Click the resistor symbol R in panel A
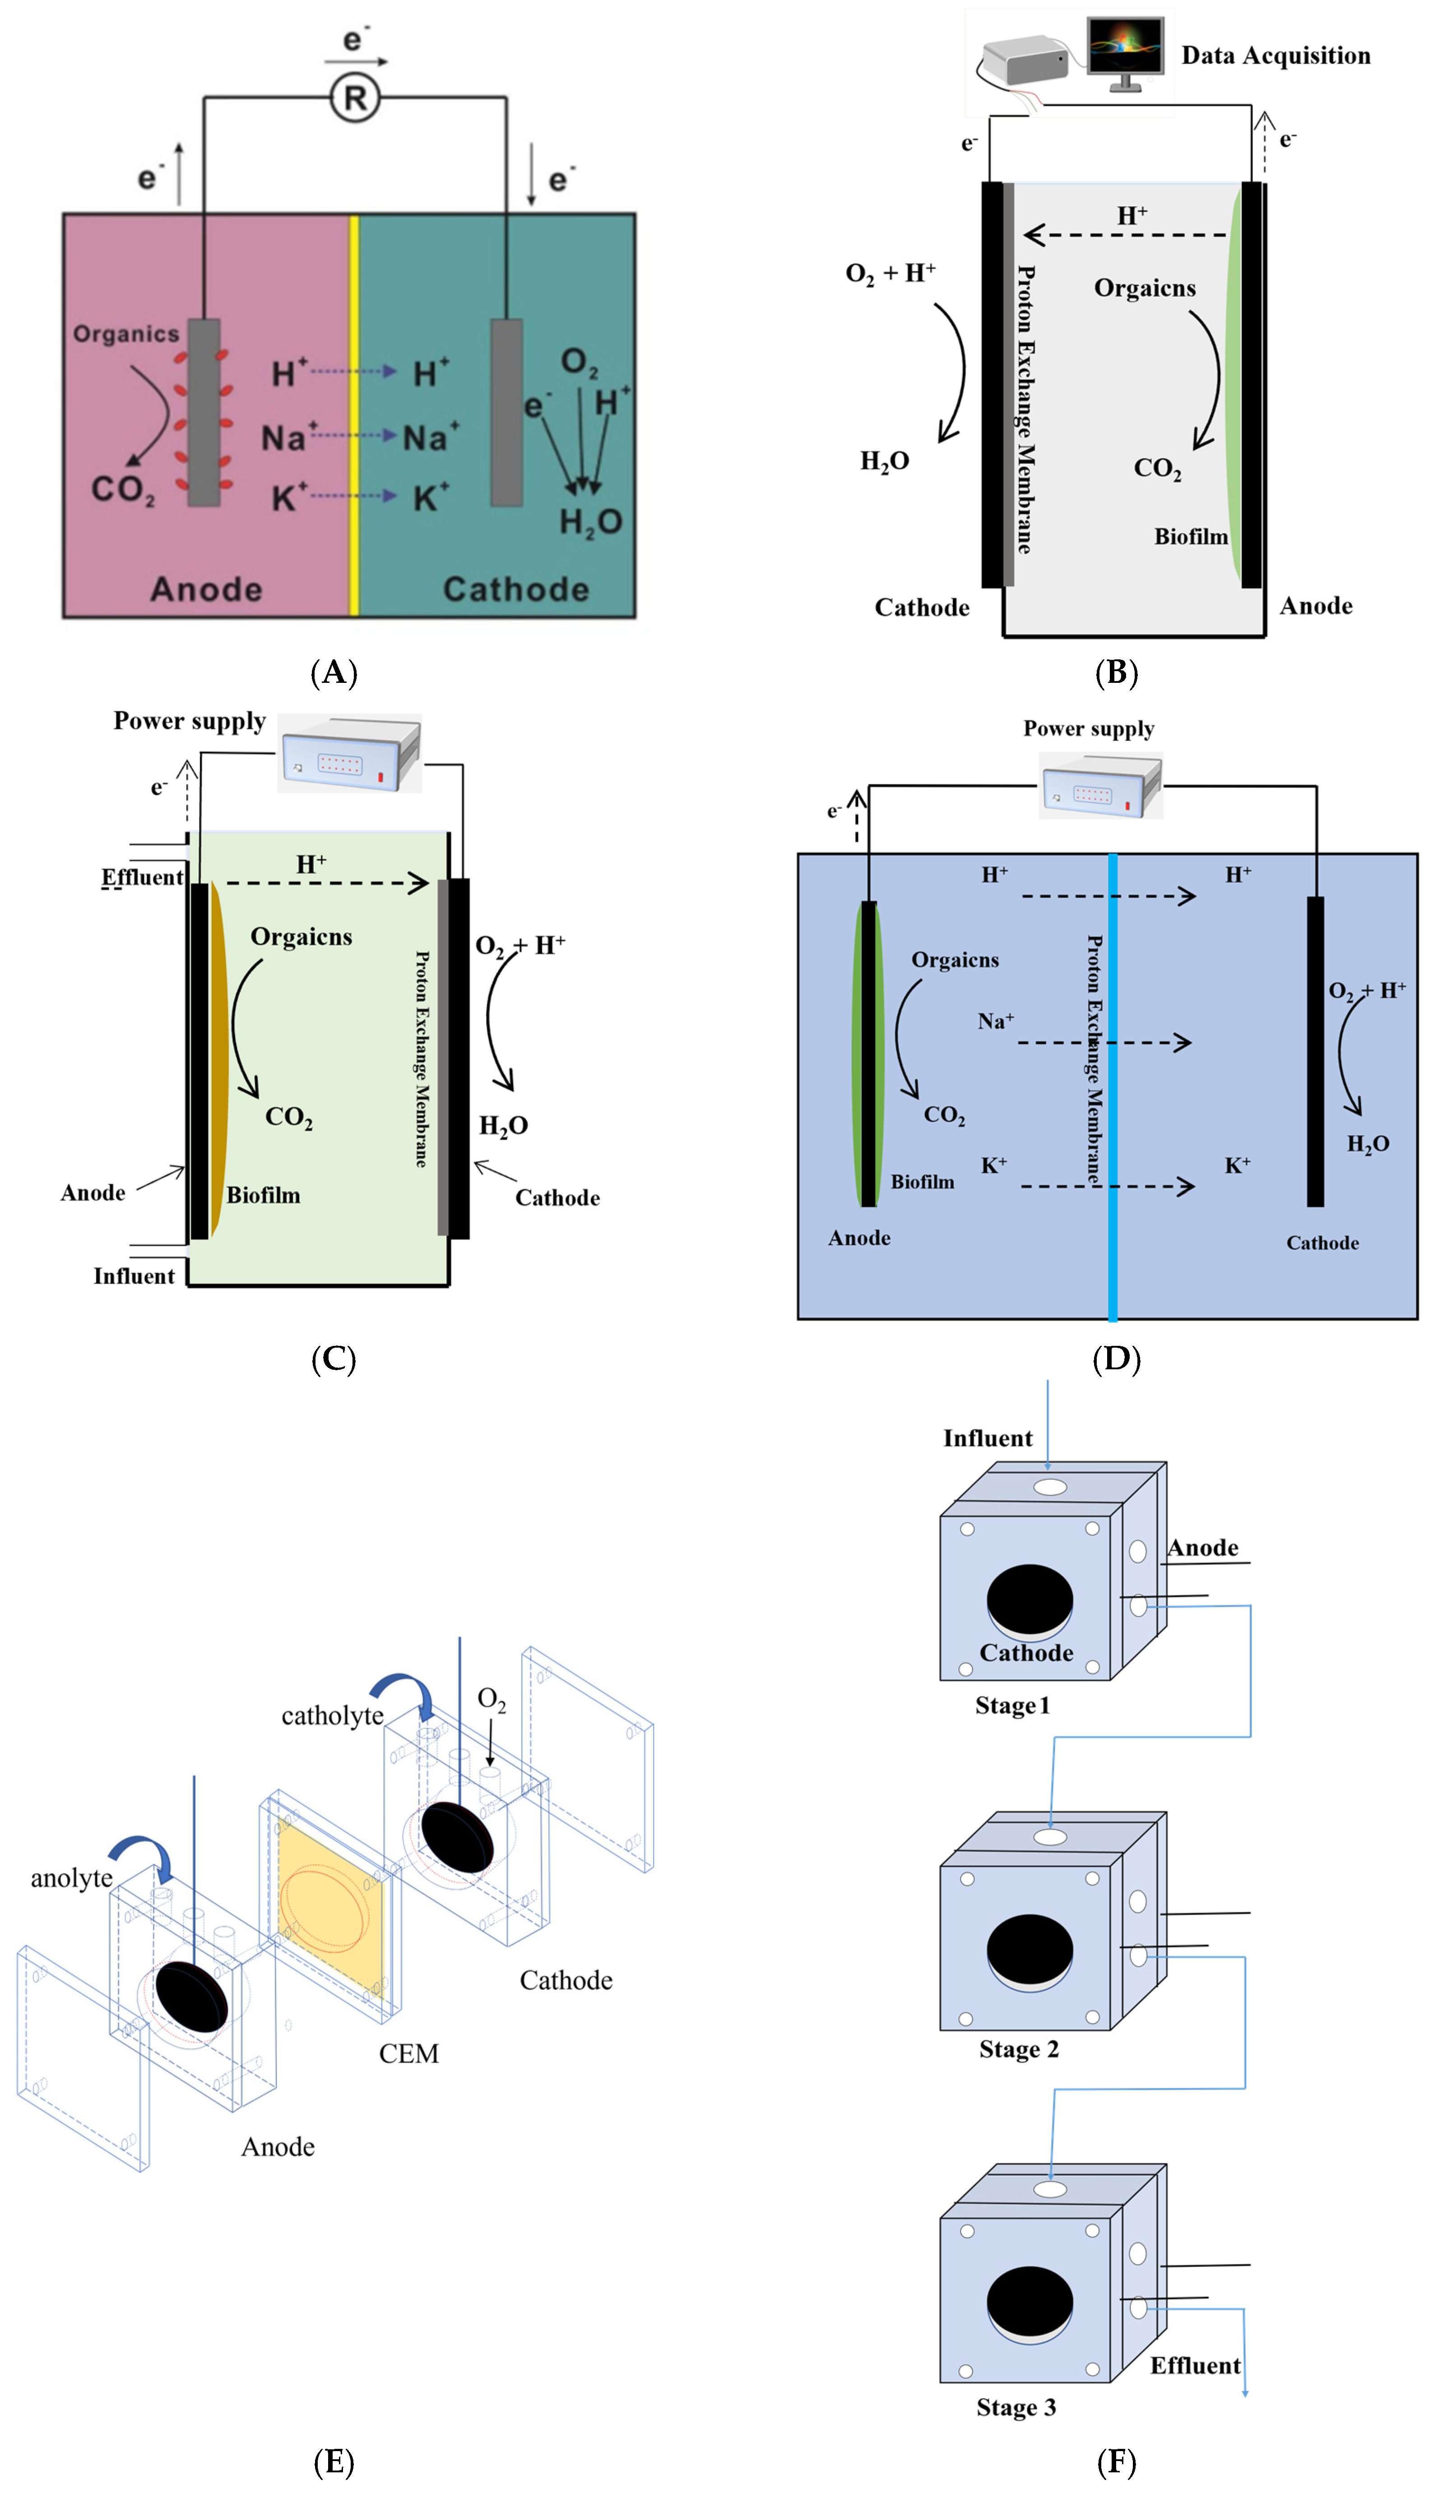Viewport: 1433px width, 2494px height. (354, 98)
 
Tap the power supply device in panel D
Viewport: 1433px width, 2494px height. (1101, 785)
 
